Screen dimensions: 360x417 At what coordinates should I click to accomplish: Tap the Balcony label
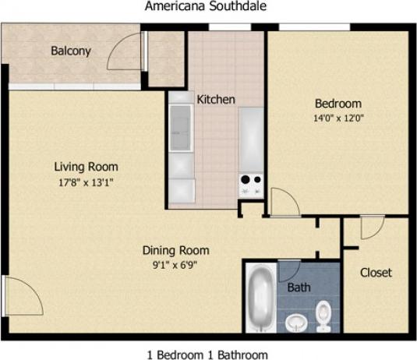71,51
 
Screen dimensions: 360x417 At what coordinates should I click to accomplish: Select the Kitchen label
216,100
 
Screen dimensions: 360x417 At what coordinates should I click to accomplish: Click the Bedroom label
337,104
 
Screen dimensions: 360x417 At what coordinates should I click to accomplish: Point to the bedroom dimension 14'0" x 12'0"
337,118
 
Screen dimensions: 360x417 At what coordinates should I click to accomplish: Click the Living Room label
86,167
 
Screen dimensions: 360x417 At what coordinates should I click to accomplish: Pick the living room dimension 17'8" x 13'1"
86,183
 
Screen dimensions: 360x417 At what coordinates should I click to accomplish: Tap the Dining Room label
175,250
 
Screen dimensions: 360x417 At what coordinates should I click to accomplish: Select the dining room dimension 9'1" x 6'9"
175,265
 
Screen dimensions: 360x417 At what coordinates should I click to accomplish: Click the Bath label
299,288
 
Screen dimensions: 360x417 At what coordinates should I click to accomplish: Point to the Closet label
375,273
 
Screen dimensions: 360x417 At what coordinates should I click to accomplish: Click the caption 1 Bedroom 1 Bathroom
207,354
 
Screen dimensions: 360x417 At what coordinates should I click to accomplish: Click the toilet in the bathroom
323,316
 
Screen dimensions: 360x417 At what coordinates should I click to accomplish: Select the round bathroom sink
295,321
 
